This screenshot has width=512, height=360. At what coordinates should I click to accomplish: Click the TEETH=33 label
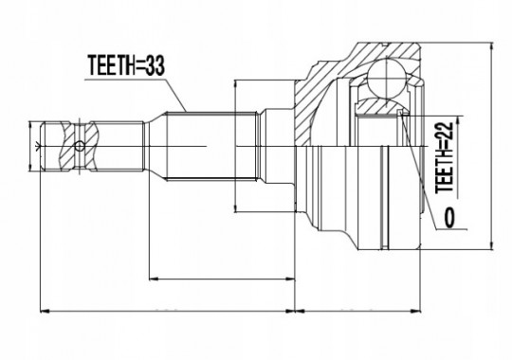click(126, 65)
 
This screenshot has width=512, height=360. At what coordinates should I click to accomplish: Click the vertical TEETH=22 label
click(445, 157)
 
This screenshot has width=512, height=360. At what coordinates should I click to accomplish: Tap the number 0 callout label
click(449, 218)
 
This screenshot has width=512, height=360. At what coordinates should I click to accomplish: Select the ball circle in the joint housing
click(386, 78)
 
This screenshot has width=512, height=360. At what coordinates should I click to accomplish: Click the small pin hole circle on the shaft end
click(80, 146)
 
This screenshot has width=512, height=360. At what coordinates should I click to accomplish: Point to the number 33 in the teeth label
click(155, 65)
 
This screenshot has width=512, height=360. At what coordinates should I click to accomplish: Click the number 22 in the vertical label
click(445, 132)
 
